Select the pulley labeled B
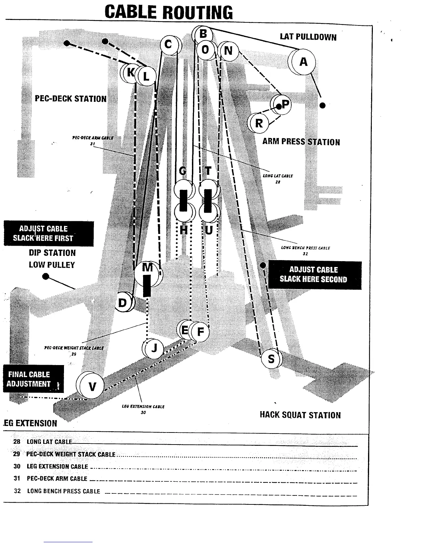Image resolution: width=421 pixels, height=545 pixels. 203,34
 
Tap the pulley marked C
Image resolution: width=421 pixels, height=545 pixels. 169,45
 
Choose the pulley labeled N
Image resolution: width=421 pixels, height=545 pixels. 228,51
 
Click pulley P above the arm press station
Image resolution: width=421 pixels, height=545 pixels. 285,104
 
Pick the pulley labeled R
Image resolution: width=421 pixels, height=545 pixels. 259,123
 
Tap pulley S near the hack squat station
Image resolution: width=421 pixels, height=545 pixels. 271,359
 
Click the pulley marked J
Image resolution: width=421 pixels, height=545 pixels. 154,349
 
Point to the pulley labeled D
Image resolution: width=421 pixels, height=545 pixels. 123,303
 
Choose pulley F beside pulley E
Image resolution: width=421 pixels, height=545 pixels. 200,332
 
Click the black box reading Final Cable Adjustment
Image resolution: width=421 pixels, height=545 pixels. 33,379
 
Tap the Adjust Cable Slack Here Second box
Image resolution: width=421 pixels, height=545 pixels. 315,275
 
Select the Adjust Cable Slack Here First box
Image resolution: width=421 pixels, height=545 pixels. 48,233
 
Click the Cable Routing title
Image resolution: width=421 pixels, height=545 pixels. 169,12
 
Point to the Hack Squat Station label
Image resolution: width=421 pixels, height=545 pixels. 300,415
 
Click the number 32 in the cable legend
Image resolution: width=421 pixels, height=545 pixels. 17,491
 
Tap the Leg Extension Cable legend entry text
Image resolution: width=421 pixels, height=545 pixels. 57,467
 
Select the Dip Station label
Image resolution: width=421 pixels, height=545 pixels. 52,253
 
